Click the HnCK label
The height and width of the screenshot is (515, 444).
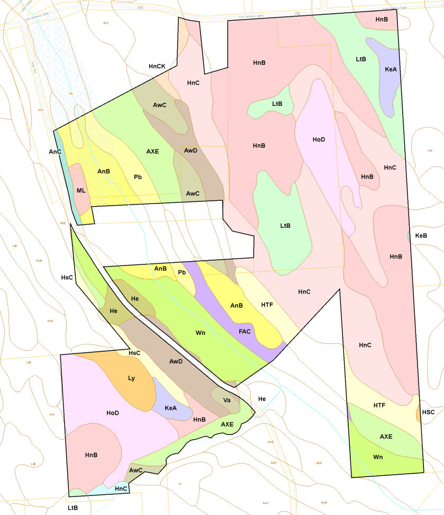pos(157,66)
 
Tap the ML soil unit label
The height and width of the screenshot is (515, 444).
pos(81,191)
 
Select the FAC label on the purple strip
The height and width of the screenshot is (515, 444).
pos(244,331)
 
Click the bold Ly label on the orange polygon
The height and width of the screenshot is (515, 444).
pos(132,378)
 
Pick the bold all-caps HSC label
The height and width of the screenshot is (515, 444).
pos(429,412)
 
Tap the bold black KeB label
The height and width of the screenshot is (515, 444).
pos(421,235)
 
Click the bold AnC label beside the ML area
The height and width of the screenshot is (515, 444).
pos(55,152)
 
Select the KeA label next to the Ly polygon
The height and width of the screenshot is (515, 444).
pos(170,408)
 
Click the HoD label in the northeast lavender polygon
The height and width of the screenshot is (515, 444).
pos(319,139)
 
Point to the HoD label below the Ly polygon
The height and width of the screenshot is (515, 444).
pos(112,413)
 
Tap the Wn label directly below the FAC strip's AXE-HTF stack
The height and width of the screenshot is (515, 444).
pos(378,457)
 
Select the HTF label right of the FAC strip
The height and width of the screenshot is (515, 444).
pos(267,305)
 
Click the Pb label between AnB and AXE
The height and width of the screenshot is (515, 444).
pos(138,177)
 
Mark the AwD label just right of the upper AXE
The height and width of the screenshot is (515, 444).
pos(191,151)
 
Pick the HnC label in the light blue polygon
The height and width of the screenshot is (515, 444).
pos(121,488)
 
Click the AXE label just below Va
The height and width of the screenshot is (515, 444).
pos(227,424)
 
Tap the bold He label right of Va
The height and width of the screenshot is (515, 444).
pos(262,398)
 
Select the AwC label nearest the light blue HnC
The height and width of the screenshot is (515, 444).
pos(136,470)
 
